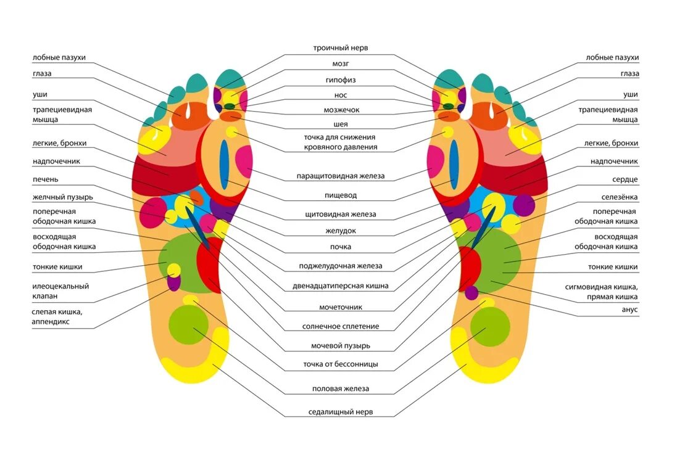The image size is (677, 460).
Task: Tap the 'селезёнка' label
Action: coord(620,197)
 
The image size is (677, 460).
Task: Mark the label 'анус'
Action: coord(629,310)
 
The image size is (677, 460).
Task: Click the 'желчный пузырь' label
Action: coord(63,197)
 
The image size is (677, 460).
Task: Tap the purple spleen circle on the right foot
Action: coord(523,204)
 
